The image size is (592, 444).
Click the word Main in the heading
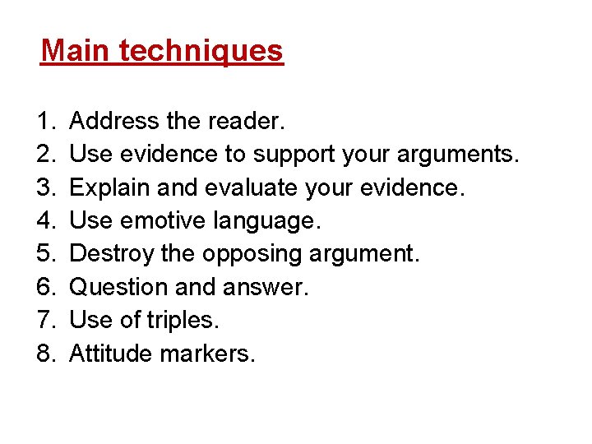click(x=76, y=51)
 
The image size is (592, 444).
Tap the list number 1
click(x=45, y=122)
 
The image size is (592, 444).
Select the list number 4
click(x=45, y=220)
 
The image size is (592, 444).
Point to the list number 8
click(x=45, y=354)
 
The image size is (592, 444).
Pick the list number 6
click(x=45, y=287)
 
